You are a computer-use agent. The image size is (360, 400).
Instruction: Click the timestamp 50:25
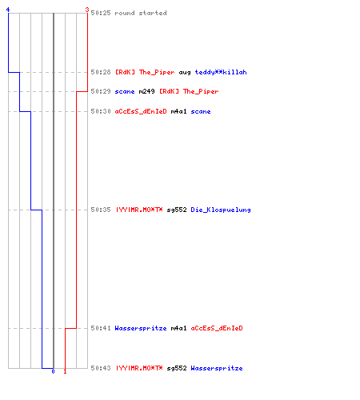101,13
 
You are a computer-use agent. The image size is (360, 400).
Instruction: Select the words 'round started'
141,13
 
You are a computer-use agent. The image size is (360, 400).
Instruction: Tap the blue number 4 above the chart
8,10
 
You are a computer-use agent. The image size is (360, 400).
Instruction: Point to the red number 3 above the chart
87,10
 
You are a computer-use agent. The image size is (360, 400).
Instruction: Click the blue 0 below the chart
53,371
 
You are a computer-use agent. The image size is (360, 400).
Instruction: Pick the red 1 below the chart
65,371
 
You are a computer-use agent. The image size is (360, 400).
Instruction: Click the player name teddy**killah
221,72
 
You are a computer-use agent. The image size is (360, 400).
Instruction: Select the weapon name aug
185,73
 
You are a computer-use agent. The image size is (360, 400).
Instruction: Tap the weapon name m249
146,91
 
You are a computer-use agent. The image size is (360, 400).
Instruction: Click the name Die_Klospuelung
221,210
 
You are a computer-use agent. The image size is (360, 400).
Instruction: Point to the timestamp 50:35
101,210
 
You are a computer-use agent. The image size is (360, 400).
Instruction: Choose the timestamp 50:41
101,328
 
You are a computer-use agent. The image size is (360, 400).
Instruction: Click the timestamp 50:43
101,368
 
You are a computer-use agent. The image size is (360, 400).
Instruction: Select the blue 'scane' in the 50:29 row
125,91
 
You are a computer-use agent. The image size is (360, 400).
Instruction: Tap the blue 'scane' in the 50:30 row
201,111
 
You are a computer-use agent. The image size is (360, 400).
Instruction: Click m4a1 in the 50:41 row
178,328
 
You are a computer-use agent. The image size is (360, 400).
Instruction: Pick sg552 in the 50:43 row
177,368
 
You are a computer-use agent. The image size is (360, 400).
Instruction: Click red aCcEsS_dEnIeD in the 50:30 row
141,111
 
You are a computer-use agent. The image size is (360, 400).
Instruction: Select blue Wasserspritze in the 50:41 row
141,328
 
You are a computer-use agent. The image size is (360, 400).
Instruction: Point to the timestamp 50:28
101,72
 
